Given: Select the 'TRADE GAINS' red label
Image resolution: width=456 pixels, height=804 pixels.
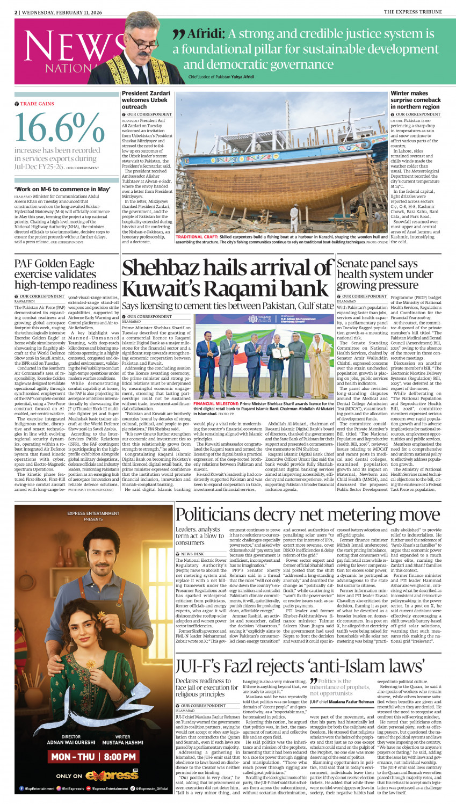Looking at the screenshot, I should tap(37, 104).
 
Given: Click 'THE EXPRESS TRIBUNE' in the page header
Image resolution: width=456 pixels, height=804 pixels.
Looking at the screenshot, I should tap(412, 12).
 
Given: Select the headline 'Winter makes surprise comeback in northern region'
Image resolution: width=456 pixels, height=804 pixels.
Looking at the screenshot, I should tap(415, 100).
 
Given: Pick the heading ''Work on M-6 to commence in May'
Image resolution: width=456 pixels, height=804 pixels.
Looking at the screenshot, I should tap(62, 189).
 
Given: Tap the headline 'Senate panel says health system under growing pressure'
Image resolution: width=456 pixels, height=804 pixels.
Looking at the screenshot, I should tap(384, 274).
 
